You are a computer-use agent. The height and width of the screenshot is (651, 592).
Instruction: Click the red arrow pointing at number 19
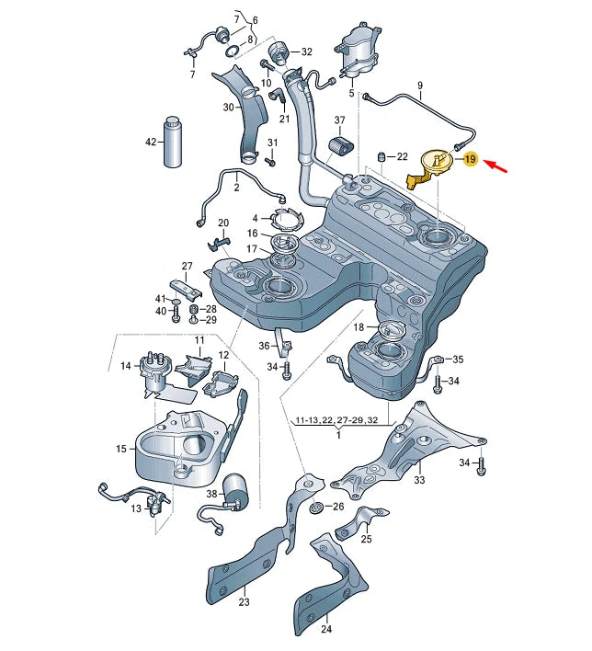(x=500, y=166)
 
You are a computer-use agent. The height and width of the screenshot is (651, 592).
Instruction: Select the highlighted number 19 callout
(x=470, y=159)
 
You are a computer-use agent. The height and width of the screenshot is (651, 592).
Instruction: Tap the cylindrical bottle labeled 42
(x=175, y=142)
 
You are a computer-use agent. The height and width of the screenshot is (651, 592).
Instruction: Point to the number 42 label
(x=151, y=142)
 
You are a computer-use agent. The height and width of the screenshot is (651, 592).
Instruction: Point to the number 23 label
(x=244, y=603)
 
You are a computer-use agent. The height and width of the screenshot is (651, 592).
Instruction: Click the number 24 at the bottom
(x=326, y=630)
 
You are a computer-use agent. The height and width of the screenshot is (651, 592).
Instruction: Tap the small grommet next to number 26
(x=316, y=508)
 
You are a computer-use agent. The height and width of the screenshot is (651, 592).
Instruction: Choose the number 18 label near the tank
(x=359, y=327)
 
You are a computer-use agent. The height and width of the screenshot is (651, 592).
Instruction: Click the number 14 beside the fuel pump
(x=127, y=366)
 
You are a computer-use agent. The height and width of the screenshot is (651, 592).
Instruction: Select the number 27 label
(x=187, y=267)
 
